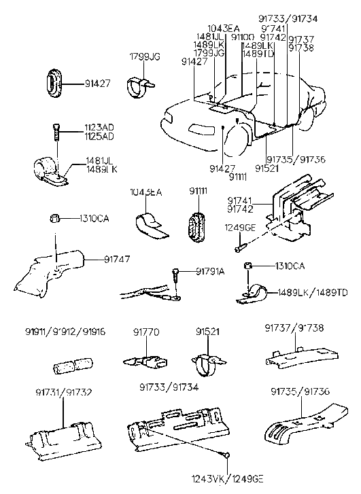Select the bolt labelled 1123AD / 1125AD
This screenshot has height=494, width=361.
55,130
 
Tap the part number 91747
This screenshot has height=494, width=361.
117,259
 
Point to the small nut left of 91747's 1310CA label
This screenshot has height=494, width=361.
54,218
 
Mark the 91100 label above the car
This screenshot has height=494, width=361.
242,37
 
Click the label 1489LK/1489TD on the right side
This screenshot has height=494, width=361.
311,292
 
